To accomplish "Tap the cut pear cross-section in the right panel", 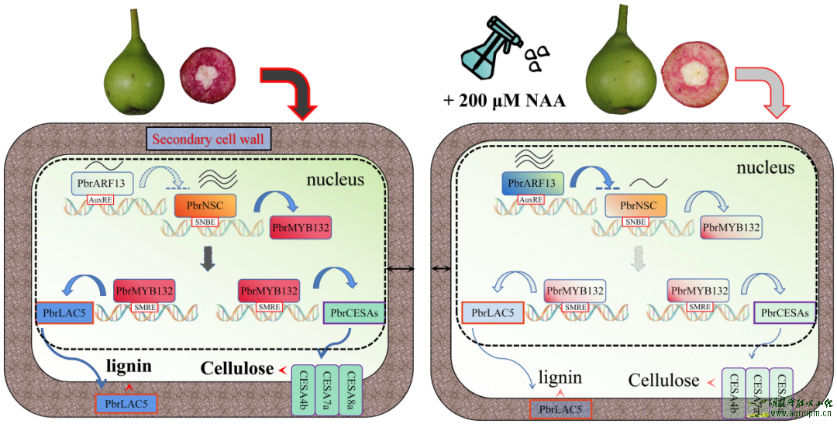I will click(x=695, y=71).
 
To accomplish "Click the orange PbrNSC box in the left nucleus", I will click(x=205, y=205).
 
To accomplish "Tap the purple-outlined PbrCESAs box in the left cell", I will click(x=353, y=313).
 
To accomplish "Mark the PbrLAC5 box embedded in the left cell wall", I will click(x=126, y=403).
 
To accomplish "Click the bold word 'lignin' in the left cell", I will click(x=129, y=367).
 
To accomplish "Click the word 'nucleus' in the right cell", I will click(x=765, y=167).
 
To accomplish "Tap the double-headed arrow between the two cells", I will click(x=420, y=268).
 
